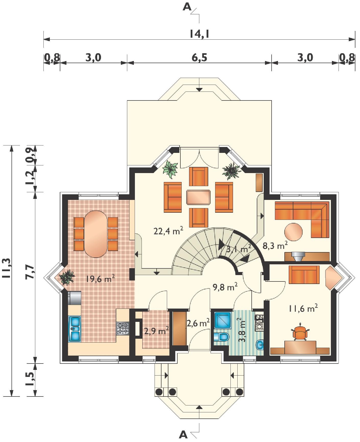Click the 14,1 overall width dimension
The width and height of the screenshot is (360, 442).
click(200, 34)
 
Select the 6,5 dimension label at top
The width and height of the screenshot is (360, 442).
click(200, 58)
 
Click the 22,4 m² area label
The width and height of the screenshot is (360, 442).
click(168, 231)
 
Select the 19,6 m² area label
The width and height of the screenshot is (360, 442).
click(100, 278)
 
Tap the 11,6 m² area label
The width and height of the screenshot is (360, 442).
click(303, 308)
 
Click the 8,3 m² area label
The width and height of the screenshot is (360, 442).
click(275, 246)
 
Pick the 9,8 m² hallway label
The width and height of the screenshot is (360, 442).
click(225, 287)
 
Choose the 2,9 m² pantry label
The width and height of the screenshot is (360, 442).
click(156, 331)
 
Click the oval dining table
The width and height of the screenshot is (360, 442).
click(96, 234)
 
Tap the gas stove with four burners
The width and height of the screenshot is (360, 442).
click(123, 328)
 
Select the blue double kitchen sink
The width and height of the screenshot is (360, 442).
click(75, 329)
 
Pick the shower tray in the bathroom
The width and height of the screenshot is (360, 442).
click(223, 320)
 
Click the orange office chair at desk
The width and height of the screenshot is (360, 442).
click(299, 333)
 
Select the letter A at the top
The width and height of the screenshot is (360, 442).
click(187, 7)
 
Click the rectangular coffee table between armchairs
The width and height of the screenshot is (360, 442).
click(198, 197)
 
